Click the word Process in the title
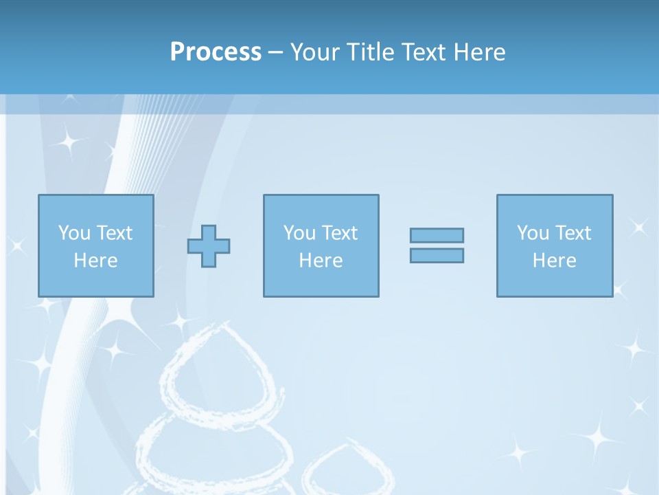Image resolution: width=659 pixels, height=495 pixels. click(x=216, y=52)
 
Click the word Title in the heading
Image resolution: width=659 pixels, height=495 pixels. click(x=370, y=52)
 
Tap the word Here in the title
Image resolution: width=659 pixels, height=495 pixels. click(x=481, y=52)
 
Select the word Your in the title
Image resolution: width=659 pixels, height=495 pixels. click(x=316, y=52)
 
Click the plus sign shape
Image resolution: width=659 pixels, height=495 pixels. click(x=209, y=245)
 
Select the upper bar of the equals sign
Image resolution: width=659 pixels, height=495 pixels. click(x=437, y=235)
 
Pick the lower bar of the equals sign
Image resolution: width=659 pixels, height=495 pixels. click(x=437, y=255)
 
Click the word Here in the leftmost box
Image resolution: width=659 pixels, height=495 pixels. click(x=95, y=261)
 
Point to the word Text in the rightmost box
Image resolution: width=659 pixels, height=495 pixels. click(x=573, y=233)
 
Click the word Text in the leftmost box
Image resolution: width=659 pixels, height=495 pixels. click(x=114, y=233)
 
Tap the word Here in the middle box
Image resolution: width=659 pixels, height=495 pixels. click(x=321, y=261)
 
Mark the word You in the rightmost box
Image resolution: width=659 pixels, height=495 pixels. click(x=533, y=233)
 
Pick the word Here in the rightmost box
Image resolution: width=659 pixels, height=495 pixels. click(x=555, y=261)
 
